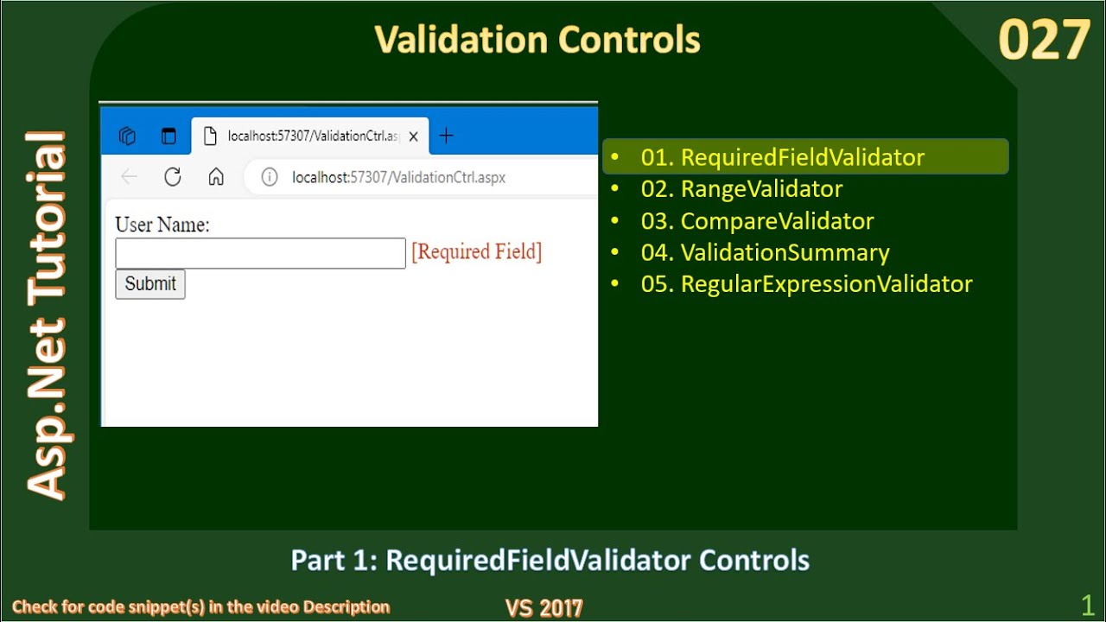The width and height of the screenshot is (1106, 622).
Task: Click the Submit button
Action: click(150, 284)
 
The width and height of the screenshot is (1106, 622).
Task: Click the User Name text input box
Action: click(260, 253)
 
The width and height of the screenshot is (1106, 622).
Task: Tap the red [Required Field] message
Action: click(476, 252)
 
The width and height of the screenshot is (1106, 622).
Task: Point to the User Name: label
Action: click(162, 225)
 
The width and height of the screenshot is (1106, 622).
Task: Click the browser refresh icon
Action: click(173, 177)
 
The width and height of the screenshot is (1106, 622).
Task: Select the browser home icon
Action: click(216, 177)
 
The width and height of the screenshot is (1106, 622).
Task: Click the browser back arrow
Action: click(130, 177)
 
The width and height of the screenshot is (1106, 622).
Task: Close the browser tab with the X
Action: click(413, 136)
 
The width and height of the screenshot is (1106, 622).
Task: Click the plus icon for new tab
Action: click(446, 136)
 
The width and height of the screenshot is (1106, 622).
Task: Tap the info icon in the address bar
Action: click(270, 177)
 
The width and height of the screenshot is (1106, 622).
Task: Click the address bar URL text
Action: click(398, 177)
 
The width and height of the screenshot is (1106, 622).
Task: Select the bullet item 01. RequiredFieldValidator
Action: click(782, 157)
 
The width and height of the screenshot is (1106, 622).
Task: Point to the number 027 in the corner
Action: click(1044, 41)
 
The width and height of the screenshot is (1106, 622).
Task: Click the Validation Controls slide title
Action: click(537, 40)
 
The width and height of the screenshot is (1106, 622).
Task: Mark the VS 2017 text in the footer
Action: click(544, 608)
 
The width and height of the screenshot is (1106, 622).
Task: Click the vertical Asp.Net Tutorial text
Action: click(47, 315)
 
